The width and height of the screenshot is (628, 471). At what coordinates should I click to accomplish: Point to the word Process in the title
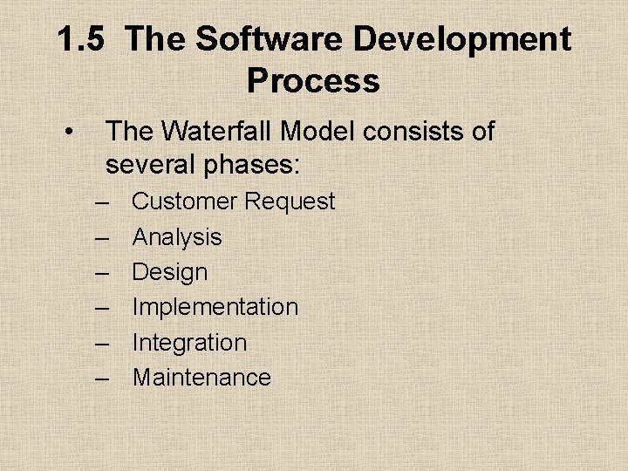tap(313, 81)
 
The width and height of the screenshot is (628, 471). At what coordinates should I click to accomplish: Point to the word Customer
tap(184, 201)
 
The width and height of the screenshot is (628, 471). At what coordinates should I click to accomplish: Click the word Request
tap(290, 202)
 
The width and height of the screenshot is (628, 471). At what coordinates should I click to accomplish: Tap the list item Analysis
tap(177, 237)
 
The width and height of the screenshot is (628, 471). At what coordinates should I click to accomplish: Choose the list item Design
tap(170, 273)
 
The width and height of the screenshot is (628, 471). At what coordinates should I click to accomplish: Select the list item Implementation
tap(215, 307)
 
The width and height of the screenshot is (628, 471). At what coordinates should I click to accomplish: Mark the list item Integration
tap(189, 343)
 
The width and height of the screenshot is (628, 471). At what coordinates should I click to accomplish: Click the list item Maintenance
tap(201, 378)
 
